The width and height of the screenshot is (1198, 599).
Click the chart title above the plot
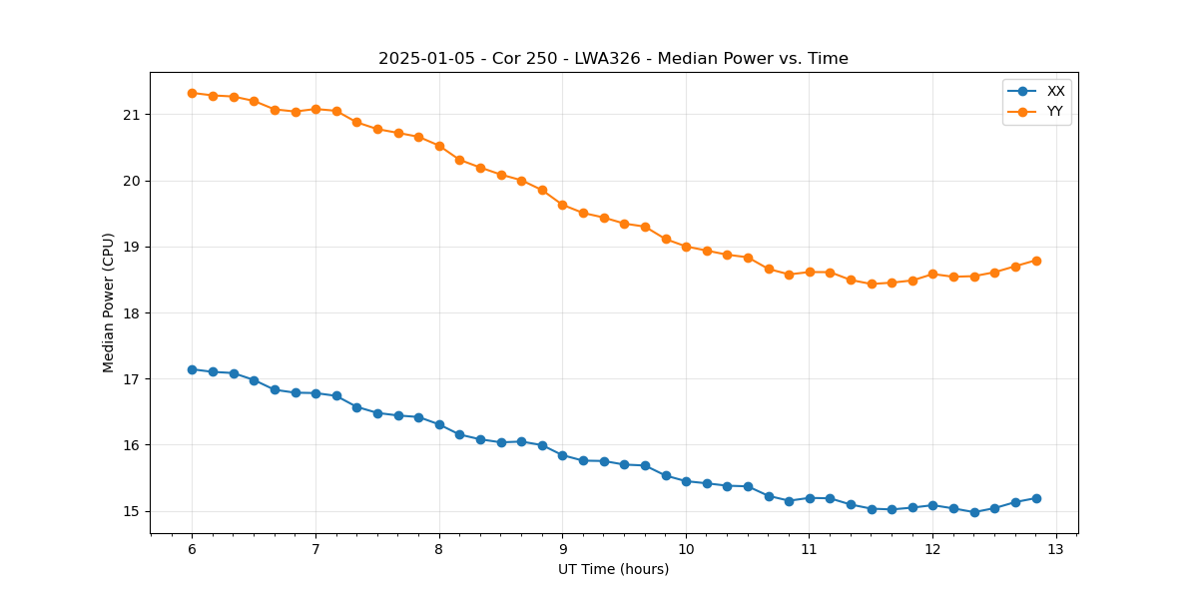tap(613, 59)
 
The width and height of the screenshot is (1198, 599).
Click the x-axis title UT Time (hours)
tap(613, 569)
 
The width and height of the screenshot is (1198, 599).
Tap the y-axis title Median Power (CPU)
tap(109, 302)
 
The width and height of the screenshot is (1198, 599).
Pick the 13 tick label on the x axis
tap(1056, 549)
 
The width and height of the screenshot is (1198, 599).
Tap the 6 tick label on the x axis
tap(192, 549)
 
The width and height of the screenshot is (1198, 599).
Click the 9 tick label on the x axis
tap(562, 549)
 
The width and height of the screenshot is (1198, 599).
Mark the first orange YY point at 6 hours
tap(192, 93)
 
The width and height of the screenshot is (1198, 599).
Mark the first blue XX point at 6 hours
tap(192, 369)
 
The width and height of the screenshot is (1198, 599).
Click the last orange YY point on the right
tap(1036, 261)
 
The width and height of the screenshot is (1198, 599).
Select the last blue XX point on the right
tap(1036, 498)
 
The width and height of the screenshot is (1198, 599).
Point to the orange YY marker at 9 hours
tap(562, 205)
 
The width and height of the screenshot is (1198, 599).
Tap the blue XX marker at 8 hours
tap(439, 424)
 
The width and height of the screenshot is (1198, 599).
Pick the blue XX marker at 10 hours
tap(686, 481)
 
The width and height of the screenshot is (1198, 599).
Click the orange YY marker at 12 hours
tap(932, 274)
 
